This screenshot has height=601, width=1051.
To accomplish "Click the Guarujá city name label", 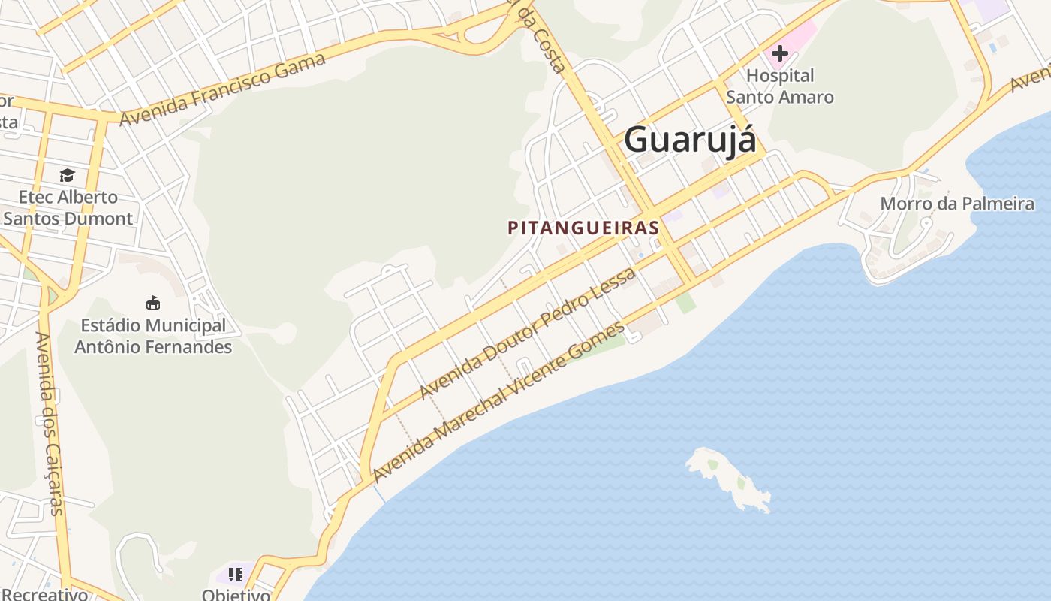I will (x=689, y=139).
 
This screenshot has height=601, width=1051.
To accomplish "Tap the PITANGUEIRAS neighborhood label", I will (x=583, y=228).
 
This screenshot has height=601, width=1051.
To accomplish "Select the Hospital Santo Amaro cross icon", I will (x=780, y=53).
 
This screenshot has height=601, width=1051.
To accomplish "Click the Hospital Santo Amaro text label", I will (x=780, y=86).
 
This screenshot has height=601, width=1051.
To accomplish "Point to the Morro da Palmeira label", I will (x=957, y=204).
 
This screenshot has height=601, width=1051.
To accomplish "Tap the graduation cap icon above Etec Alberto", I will (x=68, y=175).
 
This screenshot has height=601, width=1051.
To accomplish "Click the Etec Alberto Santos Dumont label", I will (x=68, y=208).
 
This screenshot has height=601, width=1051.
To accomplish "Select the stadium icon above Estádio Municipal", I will (x=153, y=303).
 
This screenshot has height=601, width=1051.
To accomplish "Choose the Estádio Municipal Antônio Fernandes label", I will (x=153, y=336).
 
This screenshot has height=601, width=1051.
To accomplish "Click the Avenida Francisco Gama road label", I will (x=222, y=89).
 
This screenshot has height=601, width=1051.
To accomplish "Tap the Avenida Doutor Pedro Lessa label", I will (x=528, y=333).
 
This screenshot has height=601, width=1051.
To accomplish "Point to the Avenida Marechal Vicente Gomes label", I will (x=498, y=402).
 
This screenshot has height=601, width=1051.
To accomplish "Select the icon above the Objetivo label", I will (x=236, y=575).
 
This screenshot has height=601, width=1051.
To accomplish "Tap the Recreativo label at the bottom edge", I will (x=45, y=594).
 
